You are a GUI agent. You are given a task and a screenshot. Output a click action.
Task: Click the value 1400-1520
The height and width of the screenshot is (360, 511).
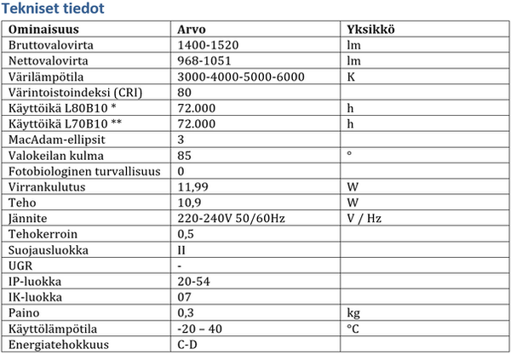click(208, 45)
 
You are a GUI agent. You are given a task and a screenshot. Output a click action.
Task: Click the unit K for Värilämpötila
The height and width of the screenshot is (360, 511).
click(353, 77)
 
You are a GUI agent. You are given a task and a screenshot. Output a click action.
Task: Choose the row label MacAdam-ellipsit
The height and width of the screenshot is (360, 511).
click(54, 139)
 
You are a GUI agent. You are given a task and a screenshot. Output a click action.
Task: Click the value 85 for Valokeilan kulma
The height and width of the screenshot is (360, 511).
click(187, 154)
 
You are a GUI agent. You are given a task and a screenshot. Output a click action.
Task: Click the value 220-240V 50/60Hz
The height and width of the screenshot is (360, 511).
click(232, 218)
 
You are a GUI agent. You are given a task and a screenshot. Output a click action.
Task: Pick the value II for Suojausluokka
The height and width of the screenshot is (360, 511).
click(184, 250)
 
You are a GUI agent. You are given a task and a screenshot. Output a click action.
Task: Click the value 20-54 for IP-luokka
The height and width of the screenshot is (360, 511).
click(193, 282)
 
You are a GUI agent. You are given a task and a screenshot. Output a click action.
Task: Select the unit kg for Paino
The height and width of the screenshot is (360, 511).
click(355, 313)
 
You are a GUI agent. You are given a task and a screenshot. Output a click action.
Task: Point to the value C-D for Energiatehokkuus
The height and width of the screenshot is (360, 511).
click(188, 345)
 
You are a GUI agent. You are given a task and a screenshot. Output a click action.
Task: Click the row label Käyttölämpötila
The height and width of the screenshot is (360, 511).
click(53, 329)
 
